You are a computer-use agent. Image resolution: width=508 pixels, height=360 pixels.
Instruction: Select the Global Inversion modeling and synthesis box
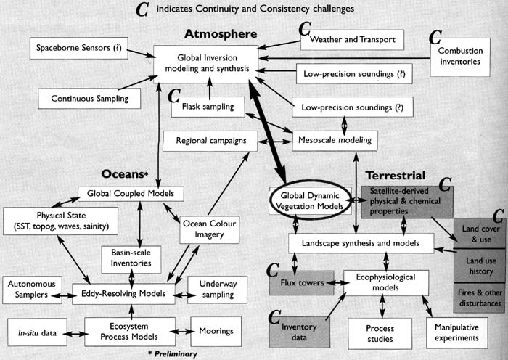coord(206,63)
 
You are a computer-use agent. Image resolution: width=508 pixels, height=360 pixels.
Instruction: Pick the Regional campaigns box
coord(210,140)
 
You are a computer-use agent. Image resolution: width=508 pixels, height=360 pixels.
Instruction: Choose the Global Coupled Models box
coord(131,194)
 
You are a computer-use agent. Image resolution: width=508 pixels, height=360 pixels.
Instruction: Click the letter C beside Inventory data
coord(276,316)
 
